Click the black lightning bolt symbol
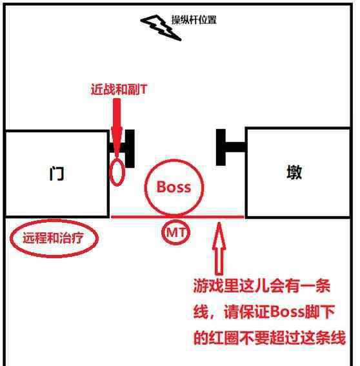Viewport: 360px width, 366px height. point(161,27)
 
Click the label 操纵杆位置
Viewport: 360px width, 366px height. point(194,20)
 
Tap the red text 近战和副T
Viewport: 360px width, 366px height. point(119,89)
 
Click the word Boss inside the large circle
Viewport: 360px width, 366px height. point(174,187)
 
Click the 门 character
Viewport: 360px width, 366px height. point(57,173)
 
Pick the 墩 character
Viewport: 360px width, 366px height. point(294,172)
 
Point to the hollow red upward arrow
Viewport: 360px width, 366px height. point(219,249)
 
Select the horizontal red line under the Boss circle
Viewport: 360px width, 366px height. point(177,217)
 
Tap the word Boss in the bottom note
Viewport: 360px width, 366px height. point(288,312)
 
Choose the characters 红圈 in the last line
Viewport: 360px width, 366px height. point(223,338)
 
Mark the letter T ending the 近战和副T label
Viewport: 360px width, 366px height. point(143,89)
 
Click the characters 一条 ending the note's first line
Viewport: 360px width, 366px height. point(315,286)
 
